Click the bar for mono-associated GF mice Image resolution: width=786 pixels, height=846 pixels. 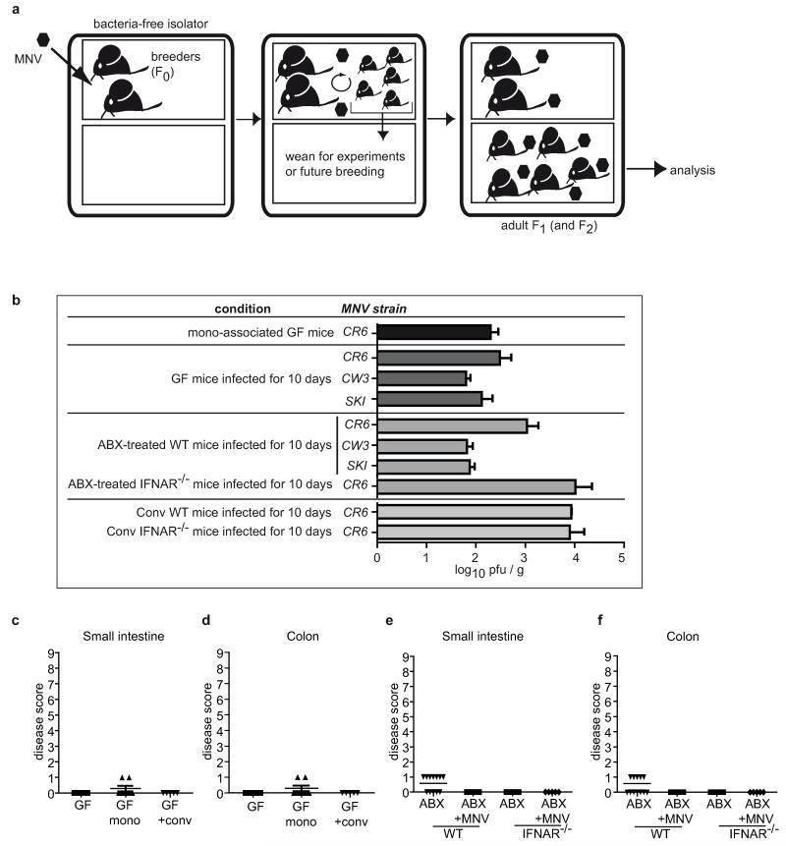tap(434, 332)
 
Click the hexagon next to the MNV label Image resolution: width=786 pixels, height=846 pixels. tap(43, 39)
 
